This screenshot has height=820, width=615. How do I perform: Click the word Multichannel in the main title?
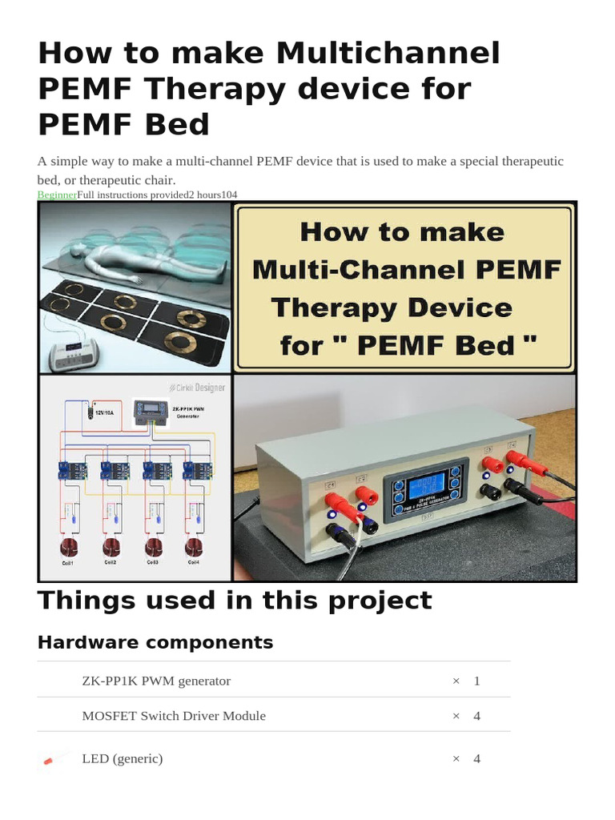(388, 54)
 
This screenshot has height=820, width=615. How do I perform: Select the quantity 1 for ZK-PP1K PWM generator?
(476, 681)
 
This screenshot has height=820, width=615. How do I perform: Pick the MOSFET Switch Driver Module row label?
(174, 716)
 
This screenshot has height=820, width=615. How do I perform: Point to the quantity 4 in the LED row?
(476, 758)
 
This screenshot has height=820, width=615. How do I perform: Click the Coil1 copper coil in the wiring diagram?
(68, 548)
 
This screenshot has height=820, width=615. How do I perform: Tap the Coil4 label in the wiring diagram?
(194, 563)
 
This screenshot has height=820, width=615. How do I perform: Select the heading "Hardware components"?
(155, 642)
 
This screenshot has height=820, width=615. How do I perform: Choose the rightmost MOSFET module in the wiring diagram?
(192, 472)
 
